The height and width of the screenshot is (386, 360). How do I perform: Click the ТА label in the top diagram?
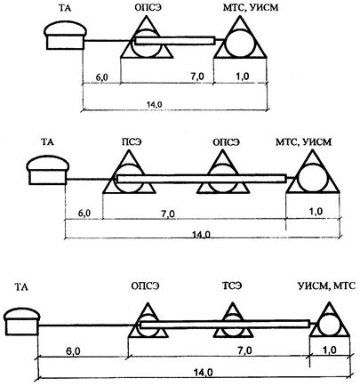tap(65, 8)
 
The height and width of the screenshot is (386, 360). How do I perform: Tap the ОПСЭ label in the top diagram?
tap(148, 8)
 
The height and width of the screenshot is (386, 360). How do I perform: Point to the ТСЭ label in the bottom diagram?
tap(232, 285)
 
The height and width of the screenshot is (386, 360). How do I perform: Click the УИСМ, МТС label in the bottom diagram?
tap(326, 285)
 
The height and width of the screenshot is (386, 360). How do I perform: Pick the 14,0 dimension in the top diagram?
tap(155, 104)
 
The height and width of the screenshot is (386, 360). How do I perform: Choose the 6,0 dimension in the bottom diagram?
tap(73, 351)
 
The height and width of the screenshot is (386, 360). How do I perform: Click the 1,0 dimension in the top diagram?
tap(242, 76)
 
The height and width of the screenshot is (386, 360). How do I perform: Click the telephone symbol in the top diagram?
tap(66, 36)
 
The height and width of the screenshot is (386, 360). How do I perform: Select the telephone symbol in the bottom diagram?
tap(22, 321)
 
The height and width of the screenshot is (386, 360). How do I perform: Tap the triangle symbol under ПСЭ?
tap(129, 172)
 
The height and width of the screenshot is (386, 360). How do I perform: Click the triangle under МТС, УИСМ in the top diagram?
tap(240, 36)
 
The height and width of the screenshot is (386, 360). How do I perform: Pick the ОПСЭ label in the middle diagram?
tap(226, 141)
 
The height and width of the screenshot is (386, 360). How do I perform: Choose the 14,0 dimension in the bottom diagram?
tap(203, 373)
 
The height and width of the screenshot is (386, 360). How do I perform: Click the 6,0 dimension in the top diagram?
tap(101, 77)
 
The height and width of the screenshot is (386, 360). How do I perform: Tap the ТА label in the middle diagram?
tap(47, 141)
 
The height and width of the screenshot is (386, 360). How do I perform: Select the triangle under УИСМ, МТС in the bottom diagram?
tap(329, 319)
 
